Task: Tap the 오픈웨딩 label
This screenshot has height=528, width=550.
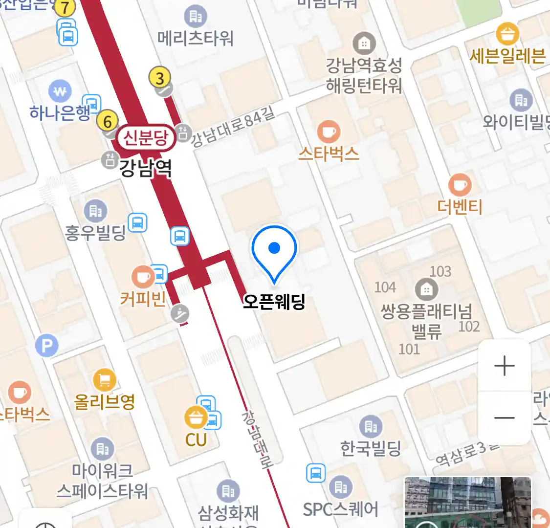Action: click(274, 302)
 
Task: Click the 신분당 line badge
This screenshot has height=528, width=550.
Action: click(145, 138)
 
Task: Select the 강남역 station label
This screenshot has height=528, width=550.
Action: click(146, 168)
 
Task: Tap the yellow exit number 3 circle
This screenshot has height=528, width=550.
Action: click(159, 78)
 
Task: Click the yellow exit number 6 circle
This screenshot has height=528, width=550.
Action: click(108, 121)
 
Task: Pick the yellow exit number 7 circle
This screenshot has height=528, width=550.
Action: click(65, 7)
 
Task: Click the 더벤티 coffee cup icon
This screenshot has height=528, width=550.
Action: click(460, 185)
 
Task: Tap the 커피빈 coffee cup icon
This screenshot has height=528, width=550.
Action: click(143, 277)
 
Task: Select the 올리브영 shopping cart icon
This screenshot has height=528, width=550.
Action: click(104, 380)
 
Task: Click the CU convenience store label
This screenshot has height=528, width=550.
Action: click(196, 440)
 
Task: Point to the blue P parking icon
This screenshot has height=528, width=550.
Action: click(47, 347)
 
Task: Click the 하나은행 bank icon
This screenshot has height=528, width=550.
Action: click(60, 91)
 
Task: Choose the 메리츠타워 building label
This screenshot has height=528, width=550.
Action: click(196, 38)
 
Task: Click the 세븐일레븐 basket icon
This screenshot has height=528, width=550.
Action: click(507, 34)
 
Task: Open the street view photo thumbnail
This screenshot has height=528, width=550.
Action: click(467, 503)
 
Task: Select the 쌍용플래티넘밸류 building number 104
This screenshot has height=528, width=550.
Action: click(385, 287)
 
